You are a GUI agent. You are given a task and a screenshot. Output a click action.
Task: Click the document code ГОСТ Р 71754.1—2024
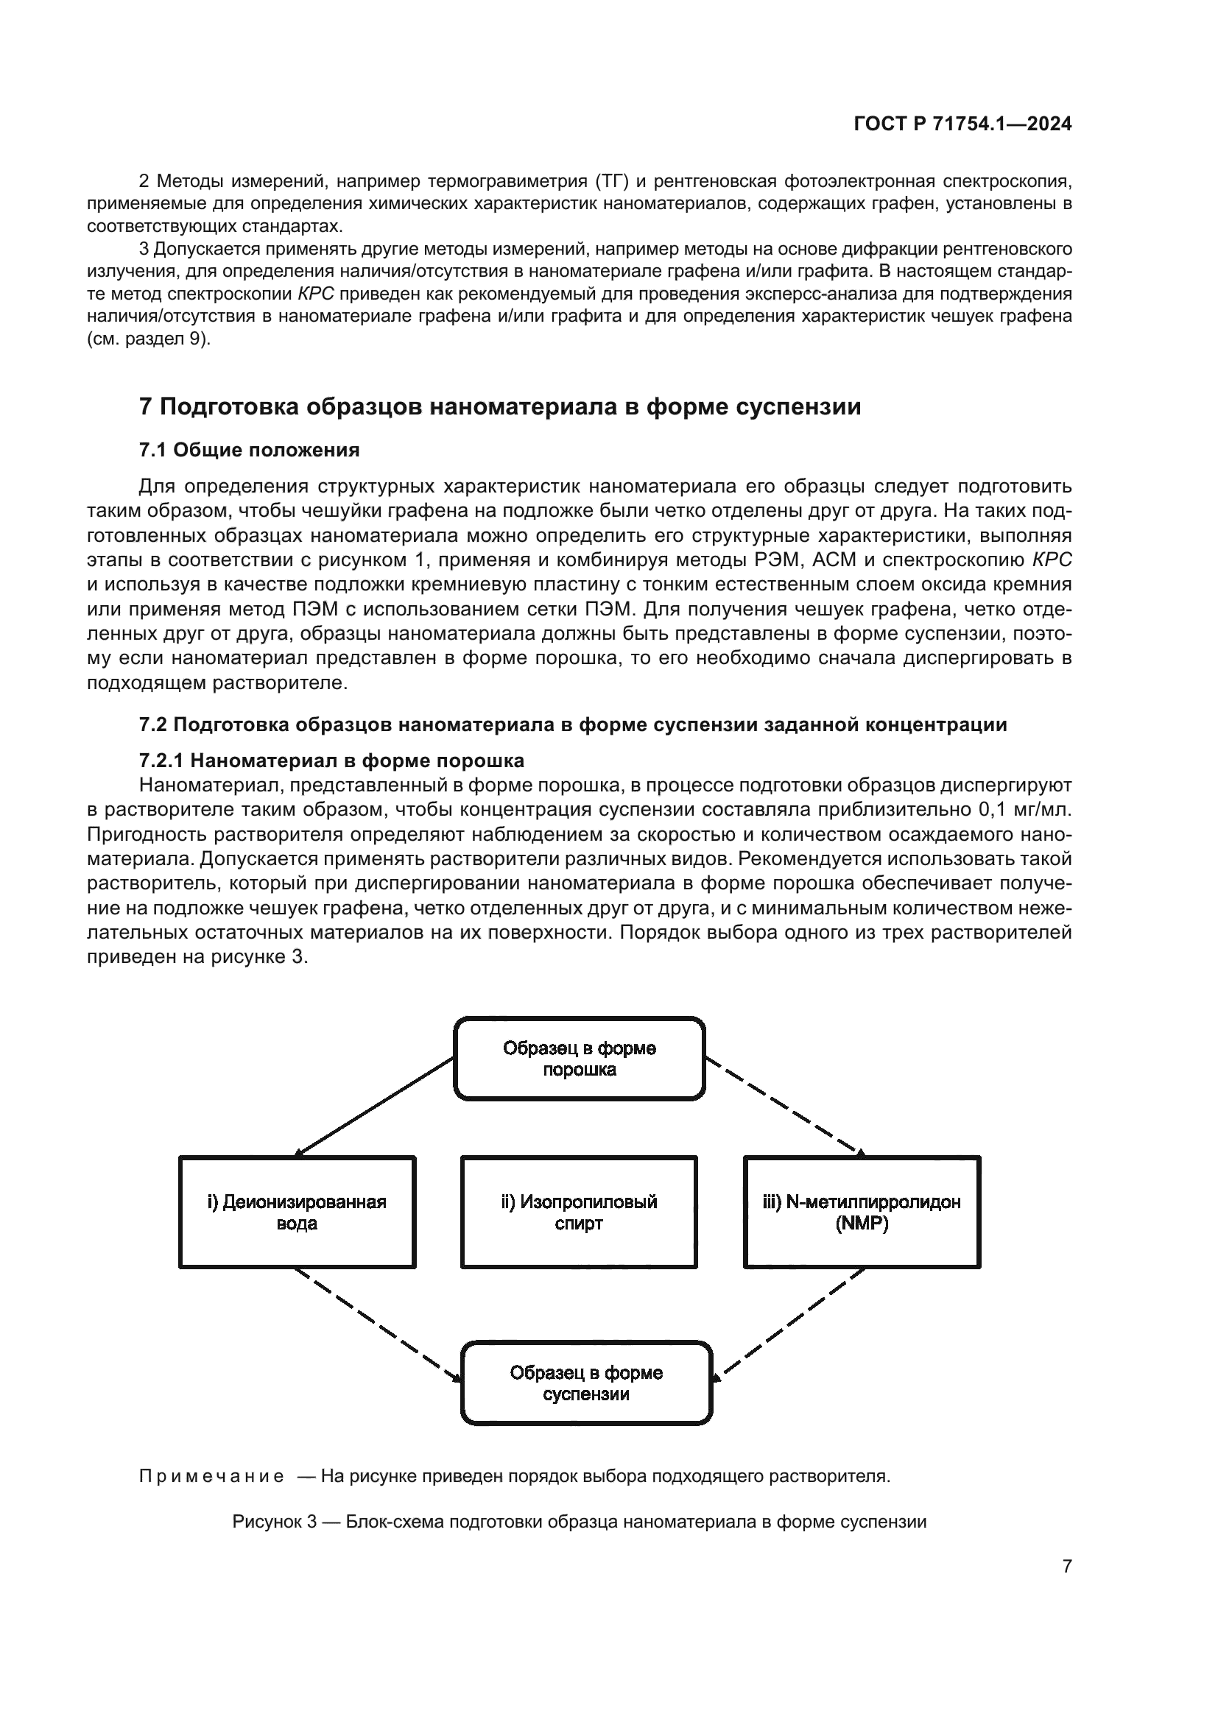962,124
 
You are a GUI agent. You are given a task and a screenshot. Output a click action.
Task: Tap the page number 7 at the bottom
1066,1566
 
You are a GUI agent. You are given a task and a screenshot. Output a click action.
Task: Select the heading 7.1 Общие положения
249,450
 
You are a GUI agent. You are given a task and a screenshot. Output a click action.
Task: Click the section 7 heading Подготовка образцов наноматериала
499,406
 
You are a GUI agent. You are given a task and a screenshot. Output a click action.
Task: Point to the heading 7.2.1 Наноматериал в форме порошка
331,761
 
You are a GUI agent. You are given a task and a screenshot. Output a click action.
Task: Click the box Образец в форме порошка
579,1058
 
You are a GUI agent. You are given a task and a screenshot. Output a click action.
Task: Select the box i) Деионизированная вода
297,1212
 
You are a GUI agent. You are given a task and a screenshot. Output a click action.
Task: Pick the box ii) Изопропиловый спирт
579,1212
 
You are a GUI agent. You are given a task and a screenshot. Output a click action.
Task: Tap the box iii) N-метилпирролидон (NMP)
862,1212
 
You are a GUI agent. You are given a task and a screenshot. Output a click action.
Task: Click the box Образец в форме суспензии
585,1384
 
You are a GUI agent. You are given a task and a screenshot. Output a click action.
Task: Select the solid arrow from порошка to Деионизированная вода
373,1107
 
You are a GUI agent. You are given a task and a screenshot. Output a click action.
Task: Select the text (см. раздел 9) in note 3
149,338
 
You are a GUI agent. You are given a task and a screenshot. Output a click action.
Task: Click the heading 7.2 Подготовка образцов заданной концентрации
573,724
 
